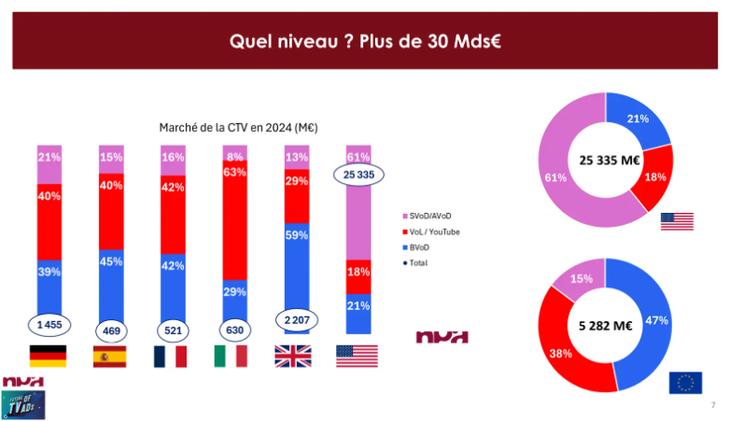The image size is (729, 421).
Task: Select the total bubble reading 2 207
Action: pos(295,319)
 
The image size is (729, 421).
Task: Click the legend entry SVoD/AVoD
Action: pos(434,215)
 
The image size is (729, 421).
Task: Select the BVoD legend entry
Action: pos(423,247)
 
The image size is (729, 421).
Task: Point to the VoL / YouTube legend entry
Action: pos(435,232)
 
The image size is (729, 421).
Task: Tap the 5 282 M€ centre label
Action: pos(606,326)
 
